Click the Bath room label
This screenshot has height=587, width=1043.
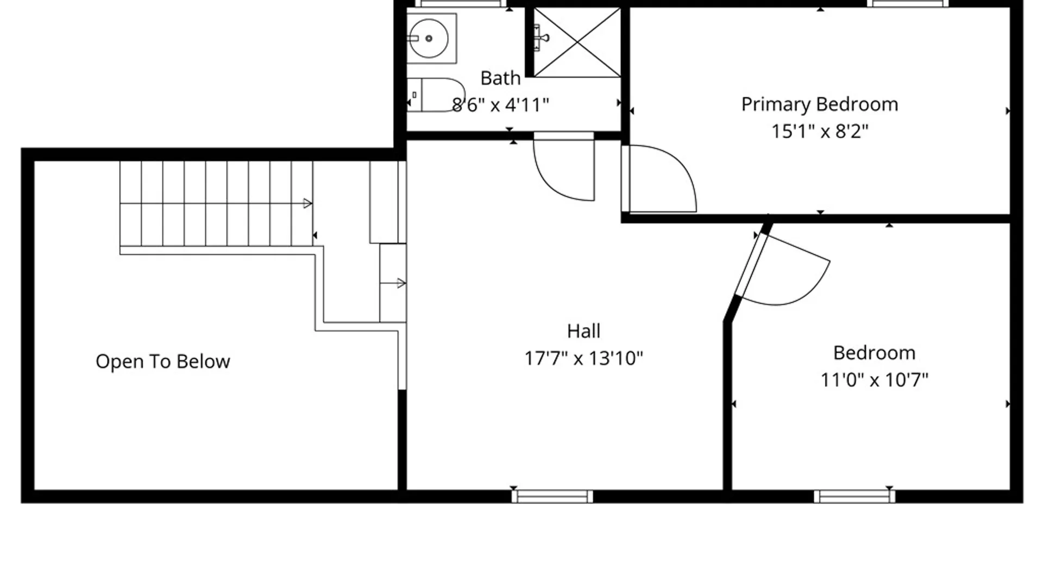500,78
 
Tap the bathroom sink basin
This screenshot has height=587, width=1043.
429,38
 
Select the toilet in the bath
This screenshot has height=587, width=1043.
436,95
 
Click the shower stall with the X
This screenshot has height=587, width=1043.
577,42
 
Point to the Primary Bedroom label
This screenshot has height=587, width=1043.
820,104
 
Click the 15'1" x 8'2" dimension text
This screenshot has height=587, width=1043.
820,131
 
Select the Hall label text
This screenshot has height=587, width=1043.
583,330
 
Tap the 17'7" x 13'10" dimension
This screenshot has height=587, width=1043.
583,358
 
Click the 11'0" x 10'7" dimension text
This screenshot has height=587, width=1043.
874,379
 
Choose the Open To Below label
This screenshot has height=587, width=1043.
162,361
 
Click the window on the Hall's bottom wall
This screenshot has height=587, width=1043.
552,496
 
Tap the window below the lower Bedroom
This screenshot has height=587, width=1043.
854,496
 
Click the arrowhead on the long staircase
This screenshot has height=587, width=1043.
307,203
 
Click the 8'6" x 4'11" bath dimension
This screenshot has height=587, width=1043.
500,105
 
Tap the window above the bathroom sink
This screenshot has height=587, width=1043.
461,3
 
